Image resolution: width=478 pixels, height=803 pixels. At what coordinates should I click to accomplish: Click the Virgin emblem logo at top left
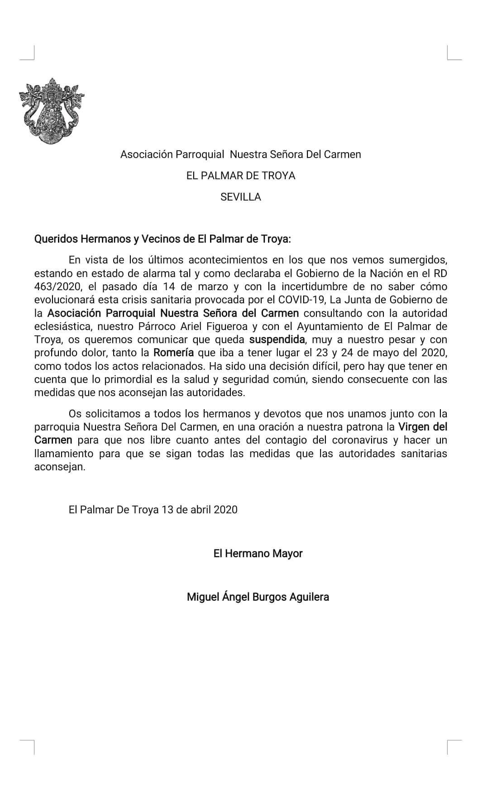pos(51,111)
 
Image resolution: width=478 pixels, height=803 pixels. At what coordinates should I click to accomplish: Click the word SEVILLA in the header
pos(240,197)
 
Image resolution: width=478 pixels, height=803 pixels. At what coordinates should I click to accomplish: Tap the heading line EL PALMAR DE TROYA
pos(240,176)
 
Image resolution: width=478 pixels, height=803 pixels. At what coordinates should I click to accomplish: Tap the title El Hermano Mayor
pos(258,553)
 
